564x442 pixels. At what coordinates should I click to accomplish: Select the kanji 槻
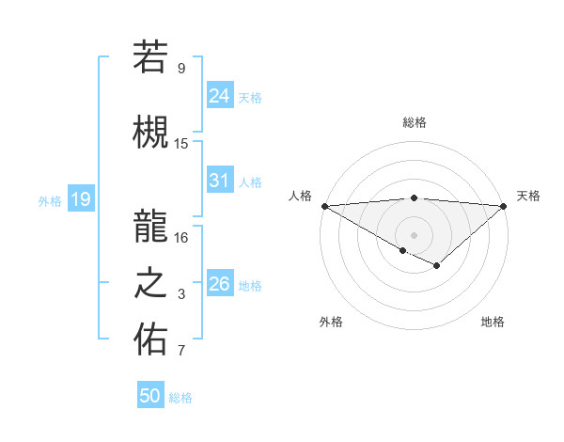pyautogui.click(x=150, y=131)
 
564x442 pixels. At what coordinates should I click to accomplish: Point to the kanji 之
pyautogui.click(x=150, y=282)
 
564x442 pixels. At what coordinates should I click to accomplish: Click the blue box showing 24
pyautogui.click(x=219, y=95)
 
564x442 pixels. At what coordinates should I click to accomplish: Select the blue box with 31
pyautogui.click(x=219, y=180)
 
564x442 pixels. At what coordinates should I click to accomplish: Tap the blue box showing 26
pyautogui.click(x=219, y=283)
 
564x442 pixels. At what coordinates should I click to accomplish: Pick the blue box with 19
pyautogui.click(x=80, y=198)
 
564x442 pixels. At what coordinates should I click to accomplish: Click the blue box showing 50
pyautogui.click(x=150, y=396)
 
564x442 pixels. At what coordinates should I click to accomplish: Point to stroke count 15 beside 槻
pyautogui.click(x=181, y=144)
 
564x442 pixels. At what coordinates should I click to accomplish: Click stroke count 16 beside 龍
pyautogui.click(x=181, y=237)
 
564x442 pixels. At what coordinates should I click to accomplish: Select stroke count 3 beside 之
pyautogui.click(x=181, y=295)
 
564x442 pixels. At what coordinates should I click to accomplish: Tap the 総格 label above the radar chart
pyautogui.click(x=414, y=122)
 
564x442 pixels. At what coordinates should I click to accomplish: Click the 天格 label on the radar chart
pyautogui.click(x=528, y=196)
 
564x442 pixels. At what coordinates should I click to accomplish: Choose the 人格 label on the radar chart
pyautogui.click(x=300, y=196)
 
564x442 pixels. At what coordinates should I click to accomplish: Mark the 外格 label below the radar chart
pyautogui.click(x=331, y=322)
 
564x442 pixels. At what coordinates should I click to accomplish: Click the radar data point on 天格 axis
pyautogui.click(x=504, y=205)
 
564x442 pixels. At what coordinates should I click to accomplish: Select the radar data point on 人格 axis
pyautogui.click(x=323, y=205)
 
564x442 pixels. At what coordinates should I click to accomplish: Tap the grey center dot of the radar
pyautogui.click(x=414, y=234)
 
